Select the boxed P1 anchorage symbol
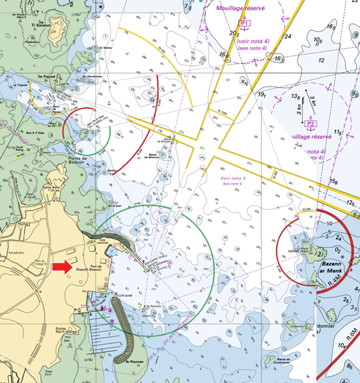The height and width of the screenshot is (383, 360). (x=245, y=22)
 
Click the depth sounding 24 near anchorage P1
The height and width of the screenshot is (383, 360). (x=288, y=36)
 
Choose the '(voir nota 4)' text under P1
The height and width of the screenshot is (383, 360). (x=252, y=41)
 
